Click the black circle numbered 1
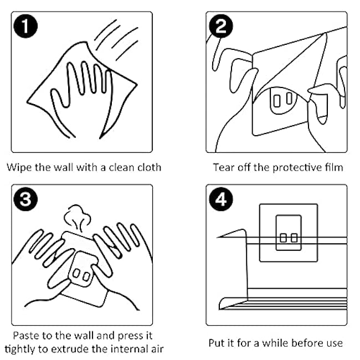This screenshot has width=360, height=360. [x=25, y=26]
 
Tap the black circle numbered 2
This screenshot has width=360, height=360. [x=221, y=26]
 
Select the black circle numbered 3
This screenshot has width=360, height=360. [x=25, y=199]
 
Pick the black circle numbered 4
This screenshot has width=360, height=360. [x=221, y=199]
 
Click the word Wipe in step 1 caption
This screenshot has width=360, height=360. [x=19, y=167]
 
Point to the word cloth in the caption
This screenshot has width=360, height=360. [x=150, y=167]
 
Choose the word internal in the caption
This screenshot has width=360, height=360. [x=130, y=349]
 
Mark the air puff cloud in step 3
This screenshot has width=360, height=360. [x=76, y=218]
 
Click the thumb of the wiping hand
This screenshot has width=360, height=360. [x=59, y=98]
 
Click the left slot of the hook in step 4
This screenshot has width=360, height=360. [x=284, y=238]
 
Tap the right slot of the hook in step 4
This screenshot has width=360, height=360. [x=294, y=238]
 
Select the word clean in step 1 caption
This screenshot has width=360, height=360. [x=121, y=167]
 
